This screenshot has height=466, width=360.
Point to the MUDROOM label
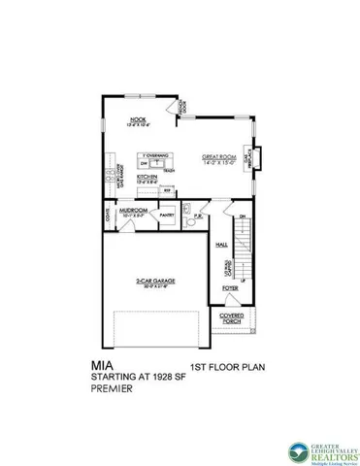pyautogui.click(x=133, y=208)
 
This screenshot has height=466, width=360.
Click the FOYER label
pyautogui.click(x=230, y=289)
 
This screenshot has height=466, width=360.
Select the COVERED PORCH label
pyautogui.click(x=232, y=318)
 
